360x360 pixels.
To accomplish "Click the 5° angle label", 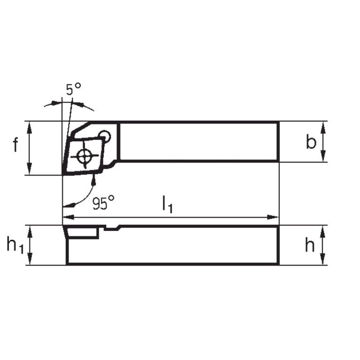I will click(73, 89).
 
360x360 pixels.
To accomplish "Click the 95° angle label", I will click(103, 203).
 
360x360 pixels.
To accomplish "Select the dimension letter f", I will click(15, 146).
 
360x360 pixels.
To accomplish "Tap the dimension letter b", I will click(311, 142).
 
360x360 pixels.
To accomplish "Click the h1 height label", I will click(15, 245).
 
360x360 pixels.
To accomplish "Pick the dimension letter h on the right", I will click(310, 245).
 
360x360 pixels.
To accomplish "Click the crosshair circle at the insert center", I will click(85, 156).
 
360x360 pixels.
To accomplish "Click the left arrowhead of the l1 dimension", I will click(67, 217).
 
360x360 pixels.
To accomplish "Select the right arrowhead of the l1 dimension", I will click(274, 217).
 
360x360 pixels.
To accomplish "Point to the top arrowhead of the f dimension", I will click(30, 125).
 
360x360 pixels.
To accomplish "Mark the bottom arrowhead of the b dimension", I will click(323, 158).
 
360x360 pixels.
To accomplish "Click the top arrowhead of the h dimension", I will click(323, 229).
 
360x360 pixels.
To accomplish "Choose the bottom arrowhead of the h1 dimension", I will click(30, 261).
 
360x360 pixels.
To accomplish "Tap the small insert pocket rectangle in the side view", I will click(83, 232).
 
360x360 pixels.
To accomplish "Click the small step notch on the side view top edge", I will click(113, 228).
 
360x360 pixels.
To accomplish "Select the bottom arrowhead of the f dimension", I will click(30, 171).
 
